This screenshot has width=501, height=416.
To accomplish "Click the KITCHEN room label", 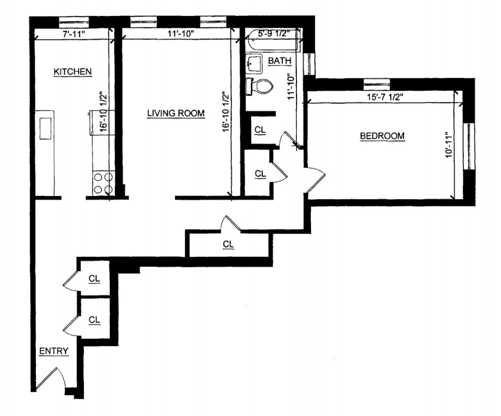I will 72,71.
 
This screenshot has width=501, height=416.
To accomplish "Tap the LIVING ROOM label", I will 176,113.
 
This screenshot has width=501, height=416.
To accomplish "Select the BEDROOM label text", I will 382,136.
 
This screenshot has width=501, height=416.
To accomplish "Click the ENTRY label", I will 54,351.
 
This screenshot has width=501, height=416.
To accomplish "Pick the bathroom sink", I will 254,64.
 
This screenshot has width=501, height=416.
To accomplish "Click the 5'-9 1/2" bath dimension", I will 273,33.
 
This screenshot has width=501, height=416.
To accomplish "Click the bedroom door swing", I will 316,180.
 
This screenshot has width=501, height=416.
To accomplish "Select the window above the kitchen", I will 74,20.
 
